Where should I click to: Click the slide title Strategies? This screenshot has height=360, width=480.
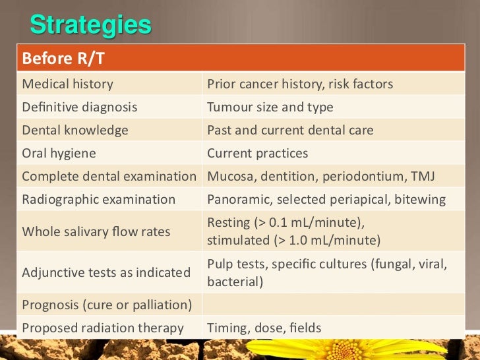[90, 26]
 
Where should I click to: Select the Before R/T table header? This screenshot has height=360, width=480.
[63, 59]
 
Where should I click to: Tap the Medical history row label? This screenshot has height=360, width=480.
[68, 84]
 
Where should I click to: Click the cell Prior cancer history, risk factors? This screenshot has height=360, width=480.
[300, 84]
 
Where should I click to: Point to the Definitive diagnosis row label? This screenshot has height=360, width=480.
[80, 107]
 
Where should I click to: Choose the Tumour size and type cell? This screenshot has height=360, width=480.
[270, 107]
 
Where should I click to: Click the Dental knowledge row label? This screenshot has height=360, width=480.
[75, 130]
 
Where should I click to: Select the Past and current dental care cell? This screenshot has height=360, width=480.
[290, 130]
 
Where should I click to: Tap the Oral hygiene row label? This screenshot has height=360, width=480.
[59, 153]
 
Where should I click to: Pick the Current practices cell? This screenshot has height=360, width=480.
[258, 153]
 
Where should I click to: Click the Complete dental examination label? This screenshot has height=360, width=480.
[109, 176]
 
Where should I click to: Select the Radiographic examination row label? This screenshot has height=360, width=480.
[99, 199]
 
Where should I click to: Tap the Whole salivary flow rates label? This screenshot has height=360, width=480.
[96, 231]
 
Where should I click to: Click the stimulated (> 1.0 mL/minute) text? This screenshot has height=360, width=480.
[293, 239]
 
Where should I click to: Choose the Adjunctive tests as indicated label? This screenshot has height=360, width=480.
[106, 272]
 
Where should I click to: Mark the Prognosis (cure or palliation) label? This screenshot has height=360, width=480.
[107, 305]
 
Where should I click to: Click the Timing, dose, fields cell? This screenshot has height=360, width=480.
[264, 328]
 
